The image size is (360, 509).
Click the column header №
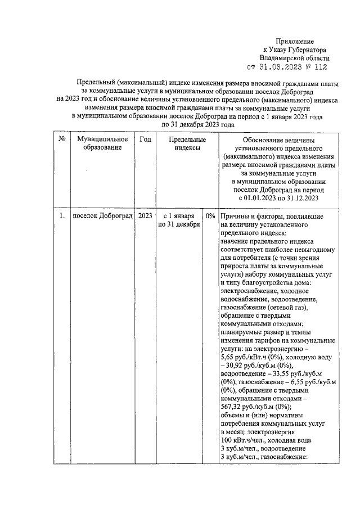[61, 139]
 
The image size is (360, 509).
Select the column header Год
[145, 139]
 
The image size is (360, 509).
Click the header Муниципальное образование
[103, 143]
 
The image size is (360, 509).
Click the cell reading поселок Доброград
[102, 216]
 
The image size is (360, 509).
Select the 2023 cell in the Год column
[145, 216]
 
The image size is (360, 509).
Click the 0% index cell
[211, 216]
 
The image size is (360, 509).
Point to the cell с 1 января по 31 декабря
[179, 220]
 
